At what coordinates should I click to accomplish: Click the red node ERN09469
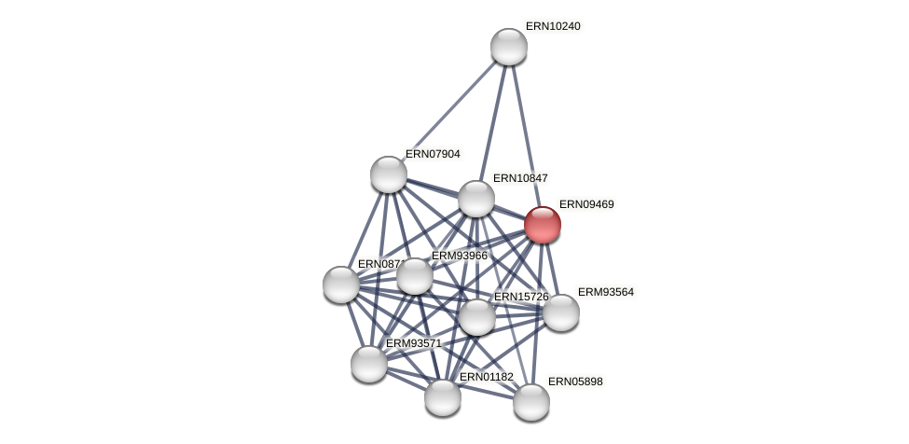coord(542,225)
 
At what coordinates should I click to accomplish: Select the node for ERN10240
coord(508,47)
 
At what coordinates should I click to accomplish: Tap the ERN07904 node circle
coord(389,174)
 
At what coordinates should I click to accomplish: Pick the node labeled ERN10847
coord(476,199)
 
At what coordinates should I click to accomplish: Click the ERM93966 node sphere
coord(415,276)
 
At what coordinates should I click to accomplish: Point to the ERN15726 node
coord(477,317)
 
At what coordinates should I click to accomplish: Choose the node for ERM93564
coord(561,312)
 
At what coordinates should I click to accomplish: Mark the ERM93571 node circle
coord(369,364)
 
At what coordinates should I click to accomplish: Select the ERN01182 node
coord(443,397)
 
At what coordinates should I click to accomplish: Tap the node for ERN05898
coord(531,402)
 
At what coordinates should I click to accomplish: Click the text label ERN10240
coord(553,26)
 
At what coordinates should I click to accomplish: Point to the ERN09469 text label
coord(586,204)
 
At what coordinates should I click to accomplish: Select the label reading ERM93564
coord(605,292)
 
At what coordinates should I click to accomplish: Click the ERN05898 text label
coord(575,382)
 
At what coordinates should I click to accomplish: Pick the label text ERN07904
coord(433,154)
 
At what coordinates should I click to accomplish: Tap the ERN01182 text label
coord(486,377)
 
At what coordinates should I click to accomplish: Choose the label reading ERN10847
coord(520,178)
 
